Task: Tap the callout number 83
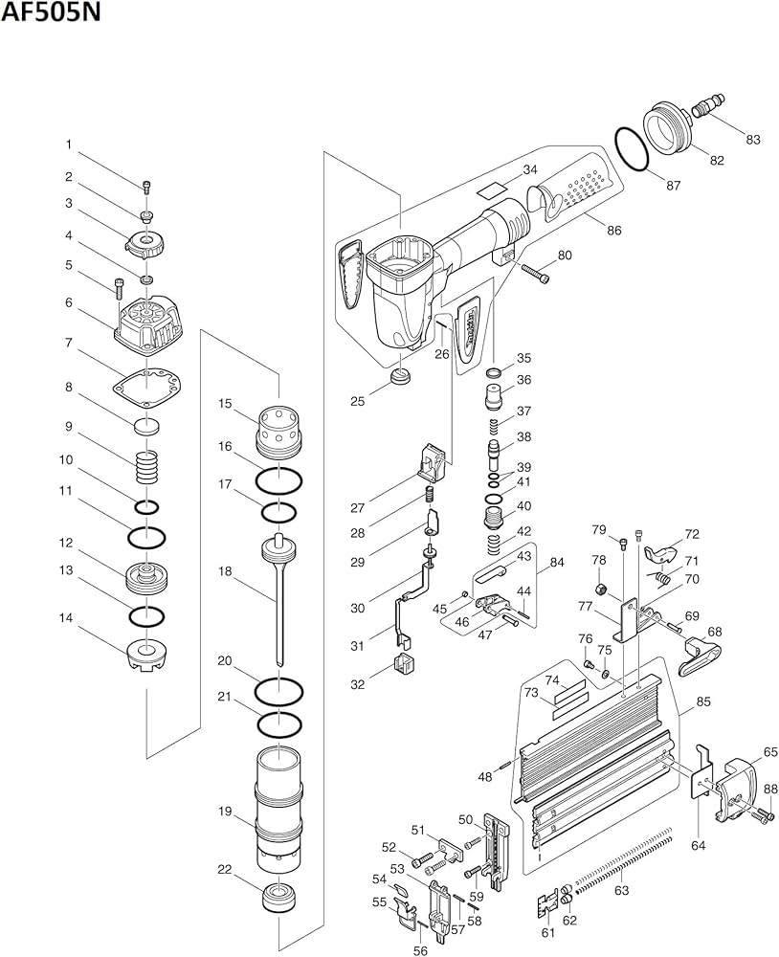point(752,140)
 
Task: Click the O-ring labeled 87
point(633,150)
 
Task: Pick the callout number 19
point(225,812)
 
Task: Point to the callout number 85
point(703,701)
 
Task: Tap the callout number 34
point(529,170)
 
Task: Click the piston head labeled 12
point(145,577)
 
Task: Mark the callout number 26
point(441,353)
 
